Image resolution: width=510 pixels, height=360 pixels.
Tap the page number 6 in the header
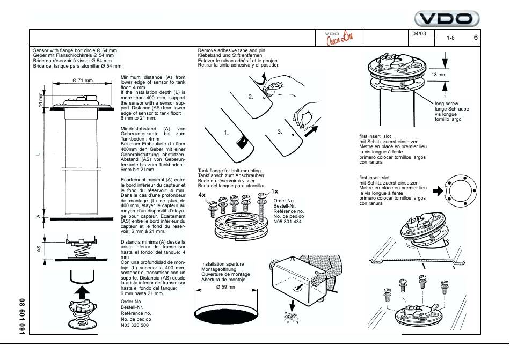point(476,38)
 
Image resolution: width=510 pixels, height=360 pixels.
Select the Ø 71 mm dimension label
point(81,80)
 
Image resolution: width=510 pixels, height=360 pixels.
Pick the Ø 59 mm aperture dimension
point(225,287)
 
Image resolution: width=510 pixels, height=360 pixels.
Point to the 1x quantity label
point(274,190)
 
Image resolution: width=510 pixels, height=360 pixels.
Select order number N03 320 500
point(137,325)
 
